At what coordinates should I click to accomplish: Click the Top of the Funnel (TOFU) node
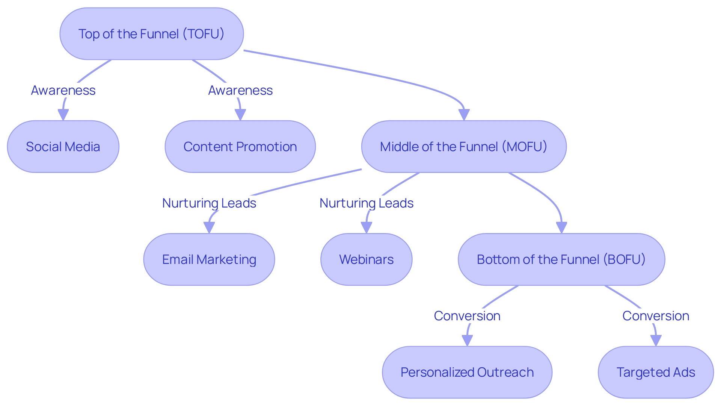click(151, 34)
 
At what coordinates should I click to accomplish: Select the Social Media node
click(63, 147)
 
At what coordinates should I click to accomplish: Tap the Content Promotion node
click(240, 147)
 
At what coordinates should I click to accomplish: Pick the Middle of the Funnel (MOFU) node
click(464, 147)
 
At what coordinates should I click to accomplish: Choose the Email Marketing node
click(209, 259)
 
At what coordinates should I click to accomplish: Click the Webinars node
click(366, 259)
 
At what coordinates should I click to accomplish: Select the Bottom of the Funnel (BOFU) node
click(561, 259)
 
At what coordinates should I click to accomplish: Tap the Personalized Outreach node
click(467, 372)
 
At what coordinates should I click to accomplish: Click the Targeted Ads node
click(656, 372)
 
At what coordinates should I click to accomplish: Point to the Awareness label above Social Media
click(63, 90)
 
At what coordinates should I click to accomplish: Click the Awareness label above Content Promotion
click(240, 90)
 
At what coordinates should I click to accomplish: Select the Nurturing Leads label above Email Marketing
click(209, 203)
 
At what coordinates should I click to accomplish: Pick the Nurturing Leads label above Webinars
click(367, 203)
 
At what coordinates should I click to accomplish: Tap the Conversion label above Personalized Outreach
click(467, 316)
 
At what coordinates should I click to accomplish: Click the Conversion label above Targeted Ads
click(656, 316)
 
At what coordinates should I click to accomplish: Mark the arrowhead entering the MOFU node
click(464, 115)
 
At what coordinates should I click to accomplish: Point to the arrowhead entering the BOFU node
click(561, 227)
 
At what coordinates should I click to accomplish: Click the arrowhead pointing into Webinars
click(367, 227)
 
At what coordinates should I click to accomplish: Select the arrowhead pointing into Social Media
click(63, 115)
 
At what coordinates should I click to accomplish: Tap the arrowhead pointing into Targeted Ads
click(656, 340)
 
